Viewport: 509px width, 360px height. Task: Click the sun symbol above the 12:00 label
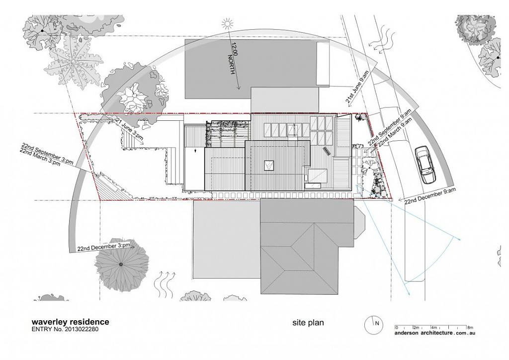click(228, 24)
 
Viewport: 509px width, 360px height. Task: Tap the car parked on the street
click(425, 165)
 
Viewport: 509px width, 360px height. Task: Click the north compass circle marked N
click(373, 325)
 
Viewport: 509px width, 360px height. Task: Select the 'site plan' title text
click(308, 323)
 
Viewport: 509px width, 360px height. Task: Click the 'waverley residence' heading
click(70, 322)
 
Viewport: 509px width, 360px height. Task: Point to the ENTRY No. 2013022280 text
click(65, 329)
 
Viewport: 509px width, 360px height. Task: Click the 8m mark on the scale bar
click(470, 327)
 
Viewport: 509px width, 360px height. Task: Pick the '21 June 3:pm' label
click(130, 129)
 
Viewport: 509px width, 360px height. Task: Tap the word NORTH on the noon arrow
click(231, 64)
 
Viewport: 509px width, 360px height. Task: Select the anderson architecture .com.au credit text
click(435, 333)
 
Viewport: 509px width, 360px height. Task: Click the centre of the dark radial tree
click(121, 264)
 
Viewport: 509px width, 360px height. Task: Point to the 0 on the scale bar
click(396, 327)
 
